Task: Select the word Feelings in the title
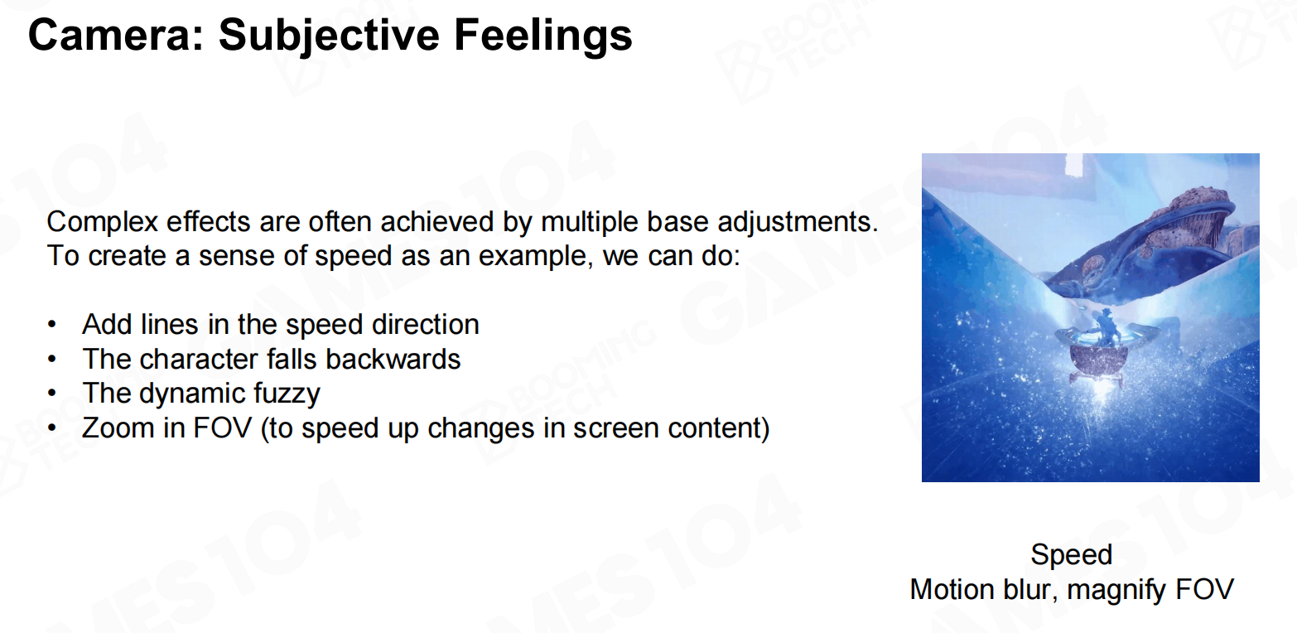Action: point(543,36)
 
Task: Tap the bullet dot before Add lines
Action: point(52,324)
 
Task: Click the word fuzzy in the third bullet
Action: point(287,394)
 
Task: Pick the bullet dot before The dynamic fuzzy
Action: point(52,394)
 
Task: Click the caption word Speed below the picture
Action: point(1071,555)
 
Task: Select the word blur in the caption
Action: point(1027,590)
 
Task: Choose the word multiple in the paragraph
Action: point(589,222)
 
